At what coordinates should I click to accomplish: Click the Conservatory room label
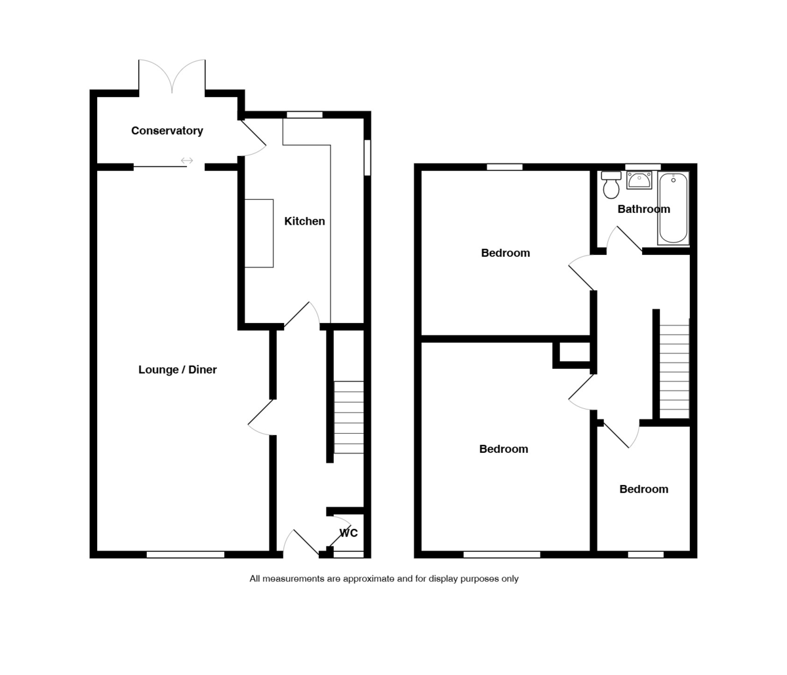point(167,130)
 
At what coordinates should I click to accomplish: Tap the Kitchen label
point(304,222)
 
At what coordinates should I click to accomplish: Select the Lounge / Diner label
point(177,370)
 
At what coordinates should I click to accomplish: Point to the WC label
point(348,533)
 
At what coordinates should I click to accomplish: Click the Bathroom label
point(643,209)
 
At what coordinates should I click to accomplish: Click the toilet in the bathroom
point(611,185)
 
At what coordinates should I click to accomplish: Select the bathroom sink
point(639,180)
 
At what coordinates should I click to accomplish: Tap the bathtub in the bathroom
point(673,208)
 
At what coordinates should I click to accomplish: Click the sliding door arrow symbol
point(187,161)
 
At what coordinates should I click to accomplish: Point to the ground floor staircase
point(349,417)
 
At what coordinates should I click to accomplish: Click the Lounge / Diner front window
point(186,554)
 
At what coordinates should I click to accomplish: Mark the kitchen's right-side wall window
point(367,157)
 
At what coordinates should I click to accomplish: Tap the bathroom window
point(643,166)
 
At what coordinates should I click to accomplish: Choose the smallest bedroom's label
point(643,489)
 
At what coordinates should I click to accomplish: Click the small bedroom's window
point(645,554)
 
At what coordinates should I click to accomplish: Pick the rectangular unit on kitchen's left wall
point(259,233)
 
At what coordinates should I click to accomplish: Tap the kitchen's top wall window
point(304,115)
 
